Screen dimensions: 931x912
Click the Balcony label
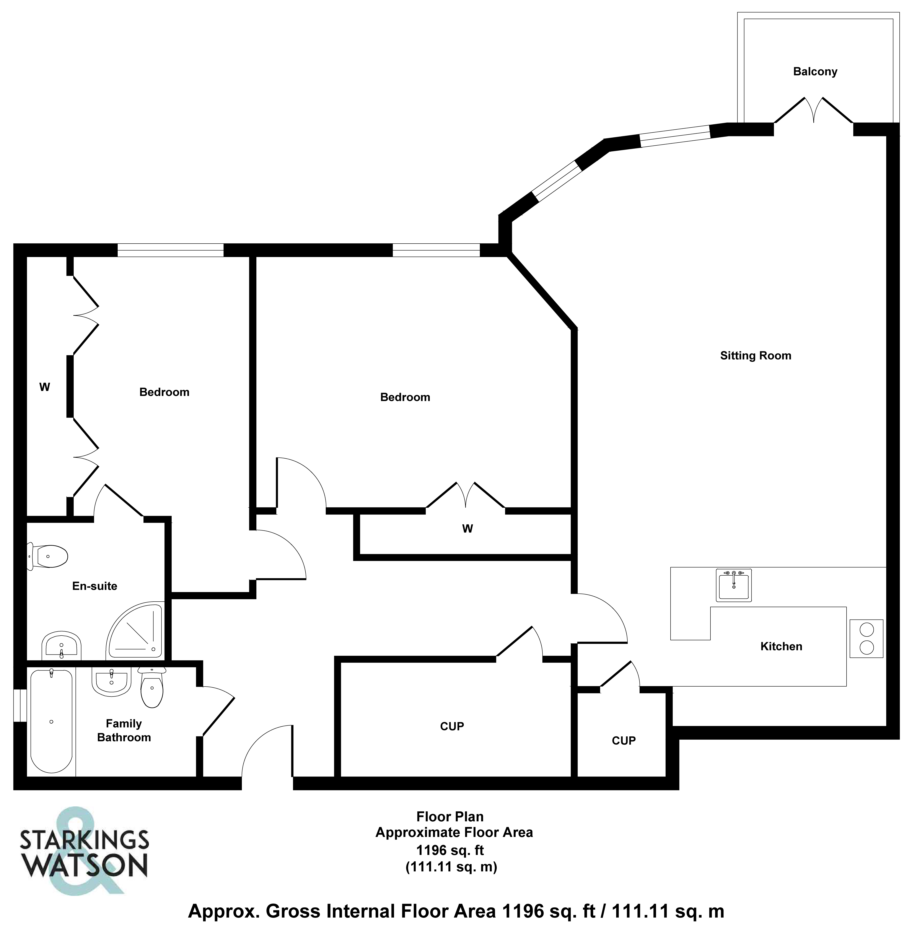[815, 72]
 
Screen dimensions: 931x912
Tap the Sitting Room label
[755, 355]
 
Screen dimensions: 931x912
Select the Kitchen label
[781, 646]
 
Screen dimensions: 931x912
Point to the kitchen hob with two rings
[866, 638]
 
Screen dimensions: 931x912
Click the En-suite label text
[94, 586]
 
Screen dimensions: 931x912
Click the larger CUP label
[452, 726]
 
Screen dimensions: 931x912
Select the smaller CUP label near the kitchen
[624, 740]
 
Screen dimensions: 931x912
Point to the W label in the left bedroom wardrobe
[45, 387]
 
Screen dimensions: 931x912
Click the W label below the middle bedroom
[467, 529]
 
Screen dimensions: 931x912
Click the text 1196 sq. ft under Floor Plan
[450, 850]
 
